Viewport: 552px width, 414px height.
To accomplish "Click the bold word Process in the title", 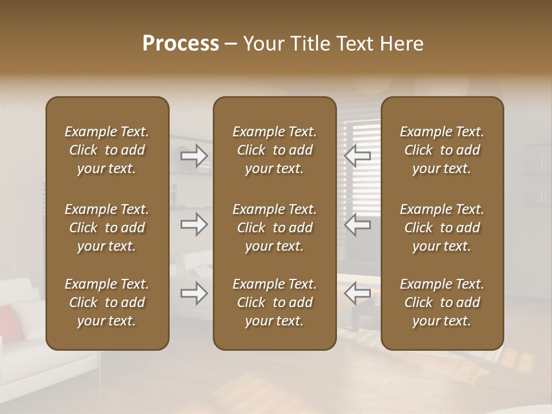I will [x=181, y=44].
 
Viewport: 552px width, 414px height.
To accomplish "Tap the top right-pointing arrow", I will [x=194, y=156].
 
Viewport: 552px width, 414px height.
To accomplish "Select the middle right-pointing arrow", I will [x=194, y=224].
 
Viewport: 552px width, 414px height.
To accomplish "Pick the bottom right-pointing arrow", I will [x=194, y=293].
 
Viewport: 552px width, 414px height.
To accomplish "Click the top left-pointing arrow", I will [x=357, y=156].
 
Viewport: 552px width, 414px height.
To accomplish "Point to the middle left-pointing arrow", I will [x=357, y=224].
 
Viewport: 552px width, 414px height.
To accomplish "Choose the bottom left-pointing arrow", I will [x=357, y=293].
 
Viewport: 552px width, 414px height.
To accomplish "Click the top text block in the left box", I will [x=107, y=150].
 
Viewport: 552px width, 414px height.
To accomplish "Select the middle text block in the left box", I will [x=107, y=228].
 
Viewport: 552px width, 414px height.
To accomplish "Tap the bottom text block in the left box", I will [x=107, y=302].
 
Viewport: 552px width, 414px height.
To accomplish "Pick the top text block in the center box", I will [x=274, y=150].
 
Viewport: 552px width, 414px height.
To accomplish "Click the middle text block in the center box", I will [x=274, y=228].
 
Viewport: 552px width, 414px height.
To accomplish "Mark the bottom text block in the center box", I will [x=274, y=302].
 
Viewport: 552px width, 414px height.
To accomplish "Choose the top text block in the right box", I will [x=442, y=150].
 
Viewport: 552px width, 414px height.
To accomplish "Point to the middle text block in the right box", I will [x=442, y=228].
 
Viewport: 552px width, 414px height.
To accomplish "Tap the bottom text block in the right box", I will [x=442, y=302].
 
